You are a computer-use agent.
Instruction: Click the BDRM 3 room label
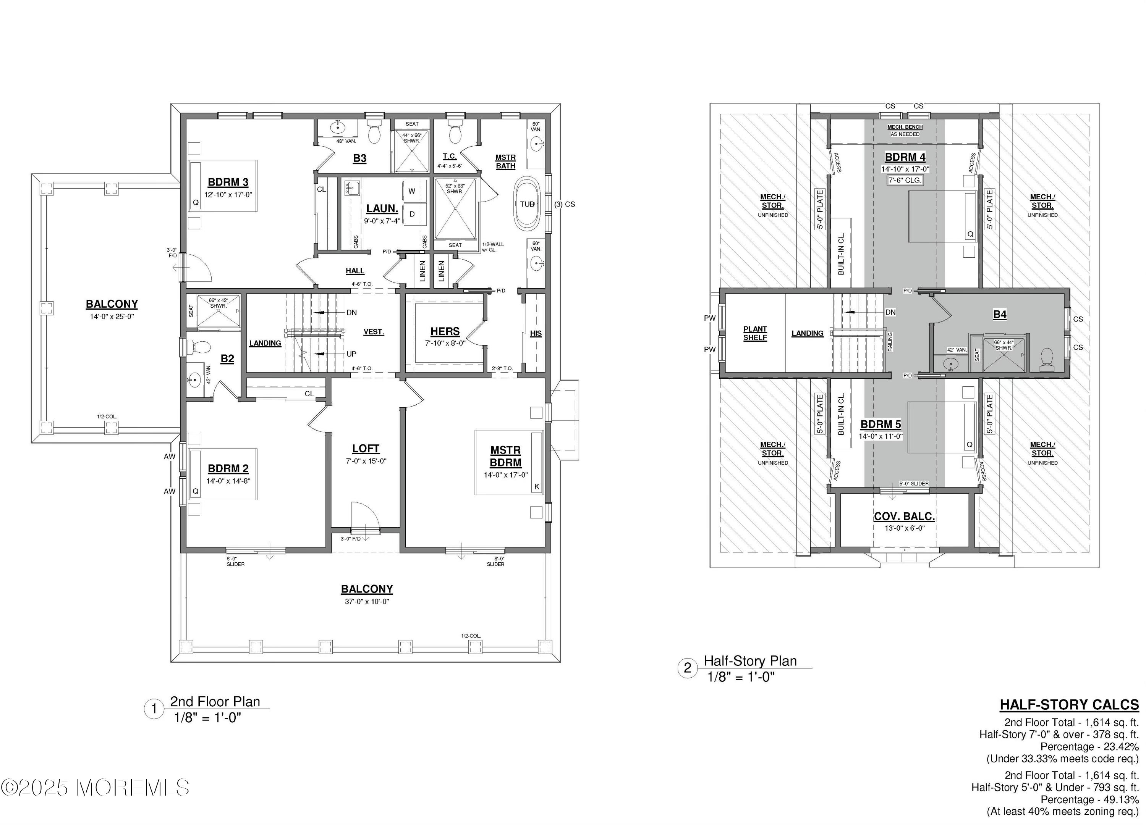click(228, 182)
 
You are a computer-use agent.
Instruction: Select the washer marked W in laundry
click(412, 191)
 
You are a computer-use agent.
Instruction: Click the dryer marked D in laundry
click(412, 214)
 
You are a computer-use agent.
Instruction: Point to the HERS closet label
click(445, 331)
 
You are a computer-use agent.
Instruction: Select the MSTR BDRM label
click(505, 456)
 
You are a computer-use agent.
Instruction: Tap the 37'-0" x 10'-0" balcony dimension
click(367, 601)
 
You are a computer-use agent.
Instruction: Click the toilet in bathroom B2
click(199, 347)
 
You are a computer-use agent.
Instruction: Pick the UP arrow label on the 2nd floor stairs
click(351, 354)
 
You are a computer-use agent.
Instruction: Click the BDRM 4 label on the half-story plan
click(905, 157)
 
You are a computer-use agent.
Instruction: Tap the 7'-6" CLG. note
click(905, 180)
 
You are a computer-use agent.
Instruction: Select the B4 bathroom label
click(999, 314)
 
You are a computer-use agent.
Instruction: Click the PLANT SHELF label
click(755, 333)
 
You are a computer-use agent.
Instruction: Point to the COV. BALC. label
click(904, 517)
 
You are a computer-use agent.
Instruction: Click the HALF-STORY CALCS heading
click(1069, 705)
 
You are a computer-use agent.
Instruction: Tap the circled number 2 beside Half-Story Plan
click(687, 668)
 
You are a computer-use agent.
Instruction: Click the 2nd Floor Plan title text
click(215, 701)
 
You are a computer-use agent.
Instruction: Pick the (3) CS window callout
click(565, 205)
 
